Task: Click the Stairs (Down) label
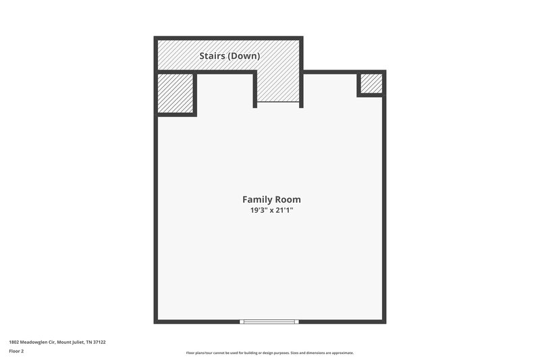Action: point(230,56)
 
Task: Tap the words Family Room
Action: point(271,199)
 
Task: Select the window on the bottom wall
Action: point(269,322)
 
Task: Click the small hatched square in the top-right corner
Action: point(371,84)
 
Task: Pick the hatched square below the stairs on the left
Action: point(175,93)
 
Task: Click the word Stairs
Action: point(213,56)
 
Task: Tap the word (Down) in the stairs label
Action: point(244,56)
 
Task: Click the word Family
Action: point(256,199)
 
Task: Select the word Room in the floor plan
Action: point(287,199)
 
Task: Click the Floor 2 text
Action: point(16,352)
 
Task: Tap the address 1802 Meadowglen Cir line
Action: point(57,342)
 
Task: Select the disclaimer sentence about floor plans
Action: point(269,353)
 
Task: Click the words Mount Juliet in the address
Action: point(71,342)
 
